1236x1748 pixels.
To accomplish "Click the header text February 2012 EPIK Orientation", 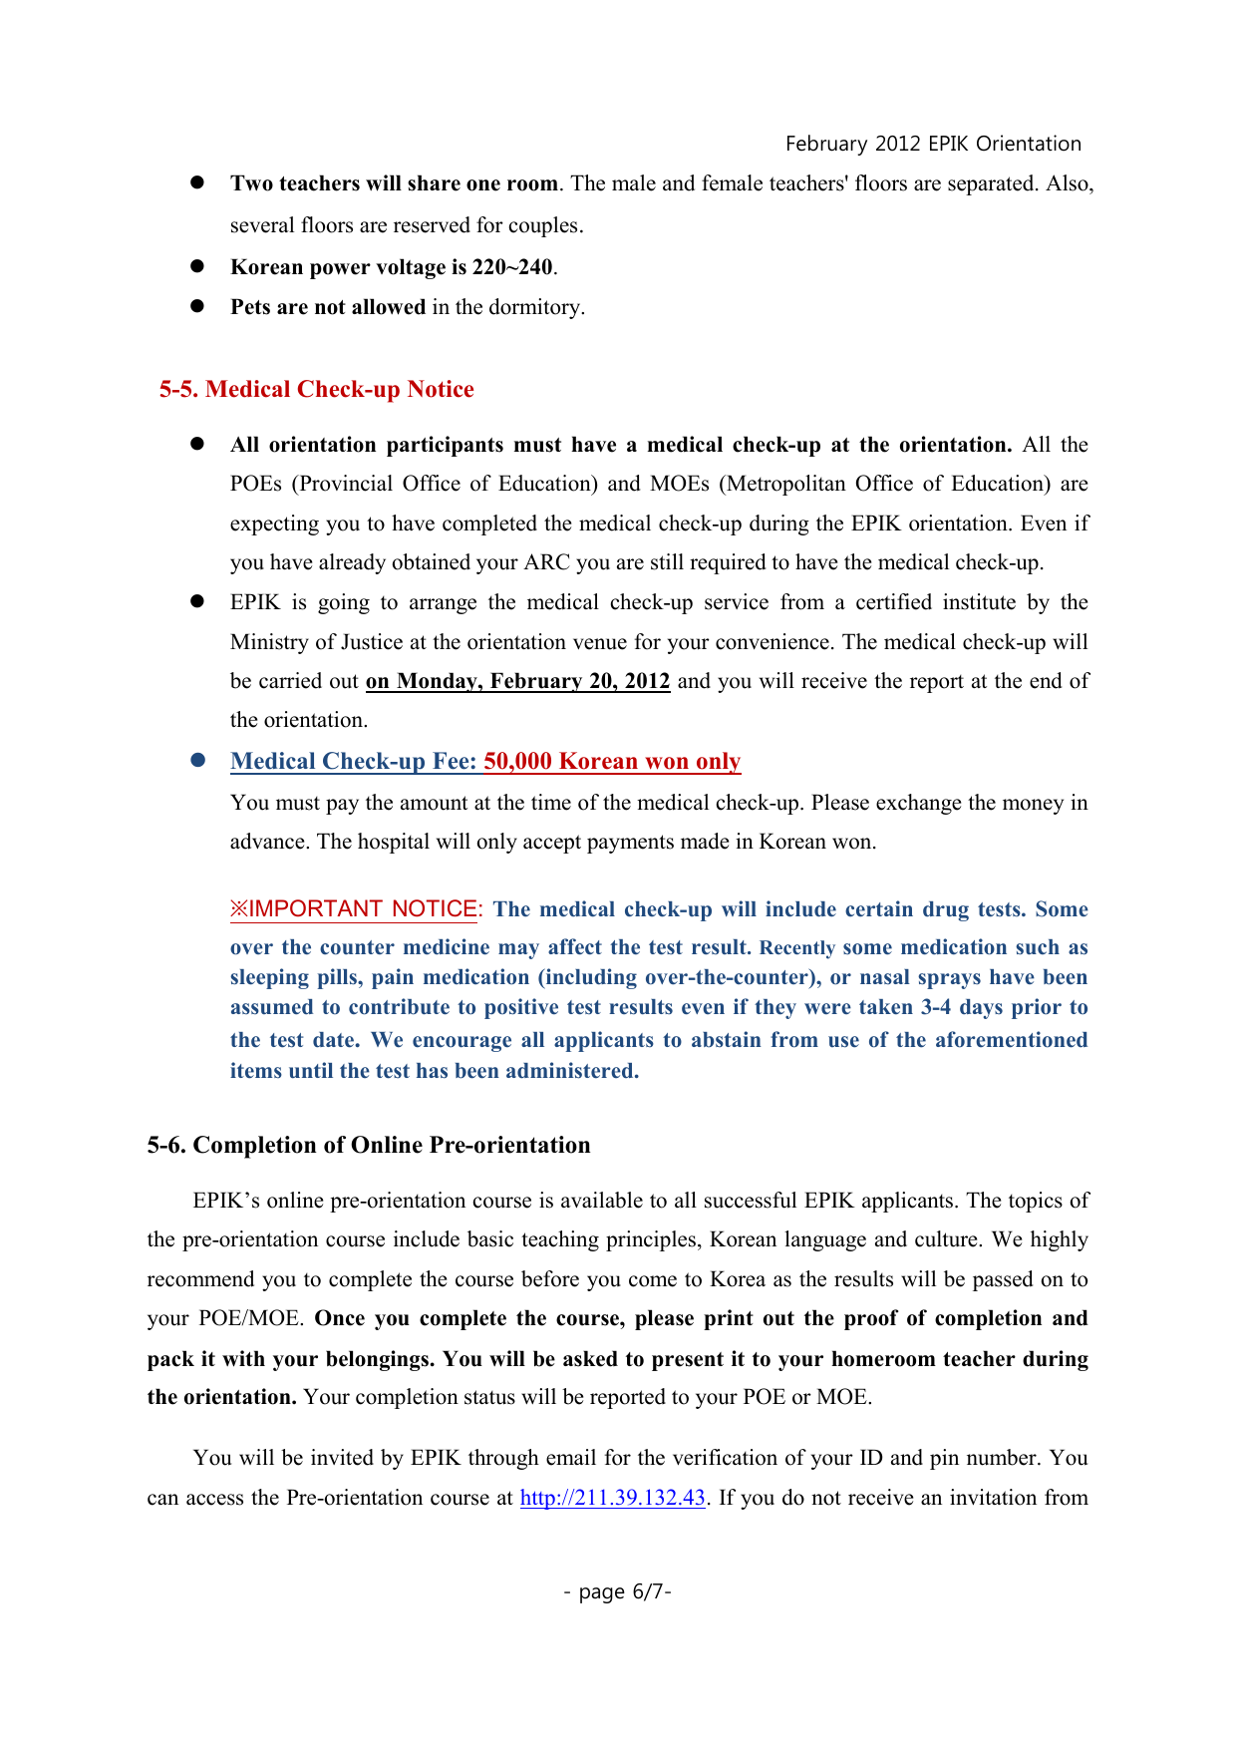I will pyautogui.click(x=933, y=144).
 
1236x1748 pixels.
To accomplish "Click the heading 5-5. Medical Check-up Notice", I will pyautogui.click(x=316, y=389).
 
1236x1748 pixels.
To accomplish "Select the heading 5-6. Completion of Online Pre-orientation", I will pyautogui.click(x=369, y=1145).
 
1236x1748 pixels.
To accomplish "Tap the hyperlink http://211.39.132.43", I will pyautogui.click(x=612, y=1498).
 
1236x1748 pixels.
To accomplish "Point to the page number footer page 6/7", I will pyautogui.click(x=617, y=1591).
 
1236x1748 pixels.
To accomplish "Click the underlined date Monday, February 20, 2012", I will pyautogui.click(x=518, y=682).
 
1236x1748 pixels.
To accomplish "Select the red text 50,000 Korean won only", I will pyautogui.click(x=612, y=762).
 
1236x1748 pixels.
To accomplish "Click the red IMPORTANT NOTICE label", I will pyautogui.click(x=355, y=909).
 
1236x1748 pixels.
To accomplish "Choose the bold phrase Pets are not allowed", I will pyautogui.click(x=328, y=307).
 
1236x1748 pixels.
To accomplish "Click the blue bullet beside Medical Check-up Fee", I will pyautogui.click(x=197, y=761).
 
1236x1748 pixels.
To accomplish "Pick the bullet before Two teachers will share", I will pyautogui.click(x=197, y=183).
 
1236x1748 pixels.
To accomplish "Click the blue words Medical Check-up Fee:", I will pyautogui.click(x=354, y=762).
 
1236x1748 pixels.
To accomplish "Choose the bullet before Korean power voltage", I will pyautogui.click(x=197, y=267).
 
